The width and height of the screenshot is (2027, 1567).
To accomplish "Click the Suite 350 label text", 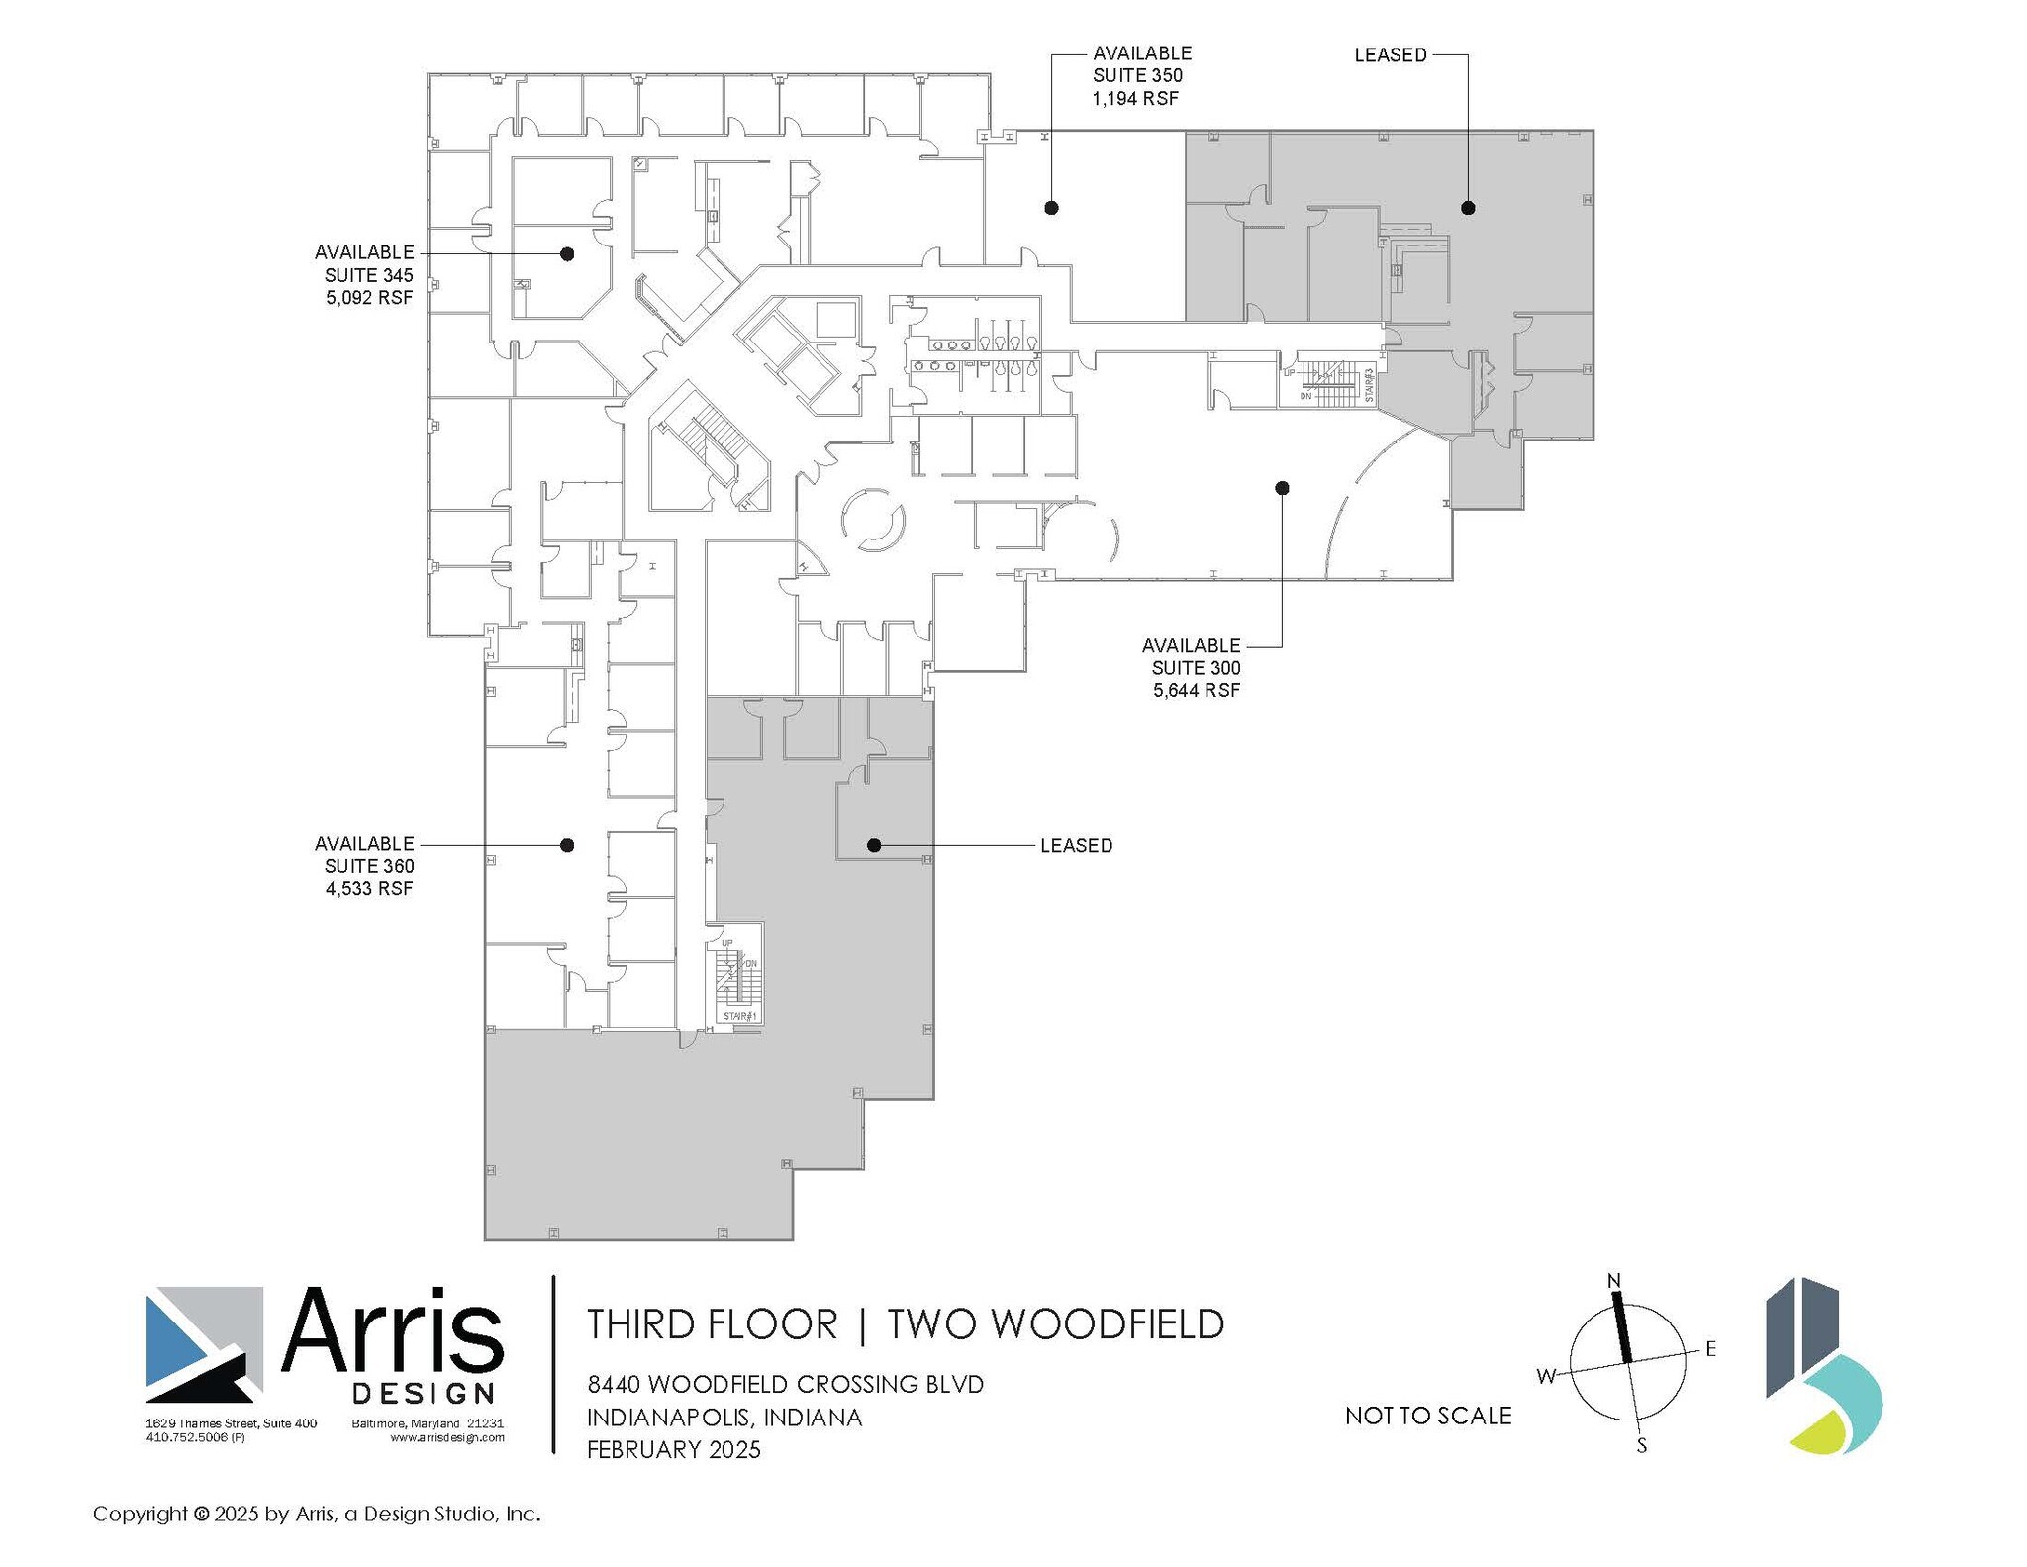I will click(1137, 76).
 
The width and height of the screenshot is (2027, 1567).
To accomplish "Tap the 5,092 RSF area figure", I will click(368, 297).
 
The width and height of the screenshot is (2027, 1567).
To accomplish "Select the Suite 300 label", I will click(1196, 668).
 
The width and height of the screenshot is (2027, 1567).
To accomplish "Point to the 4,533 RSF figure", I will click(368, 889).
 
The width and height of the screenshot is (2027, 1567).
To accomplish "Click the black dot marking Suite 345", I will click(567, 254).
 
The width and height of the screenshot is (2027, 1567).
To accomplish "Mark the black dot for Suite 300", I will click(1282, 488).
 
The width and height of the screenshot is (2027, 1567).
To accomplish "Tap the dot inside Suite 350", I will click(1052, 208).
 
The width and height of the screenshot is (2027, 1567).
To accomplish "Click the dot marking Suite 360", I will click(567, 845).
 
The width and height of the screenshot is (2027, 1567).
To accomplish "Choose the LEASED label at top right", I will click(1390, 55).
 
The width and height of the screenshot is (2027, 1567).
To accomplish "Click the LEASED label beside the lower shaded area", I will click(1076, 846).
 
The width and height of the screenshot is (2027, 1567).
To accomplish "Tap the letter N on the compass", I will click(1614, 1281).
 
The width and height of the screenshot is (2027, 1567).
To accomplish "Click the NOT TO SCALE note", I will click(1427, 1417).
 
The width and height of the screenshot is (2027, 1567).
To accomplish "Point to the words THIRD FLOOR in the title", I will click(712, 1324).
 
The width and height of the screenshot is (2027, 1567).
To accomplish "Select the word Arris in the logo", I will click(392, 1332).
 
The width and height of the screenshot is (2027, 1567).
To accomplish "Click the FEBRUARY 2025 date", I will click(673, 1450).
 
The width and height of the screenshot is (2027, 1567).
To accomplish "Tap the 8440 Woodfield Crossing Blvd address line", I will click(785, 1384).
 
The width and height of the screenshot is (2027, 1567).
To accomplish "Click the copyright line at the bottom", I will click(317, 1514).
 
